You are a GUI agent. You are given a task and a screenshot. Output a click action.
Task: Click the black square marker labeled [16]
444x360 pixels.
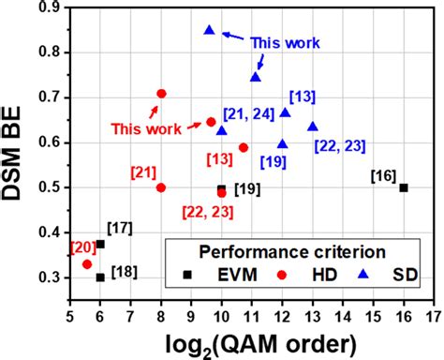(x=404, y=187)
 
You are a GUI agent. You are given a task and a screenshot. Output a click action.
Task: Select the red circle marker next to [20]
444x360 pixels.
(x=87, y=264)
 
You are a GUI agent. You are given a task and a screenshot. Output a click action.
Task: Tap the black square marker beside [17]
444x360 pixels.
(x=100, y=244)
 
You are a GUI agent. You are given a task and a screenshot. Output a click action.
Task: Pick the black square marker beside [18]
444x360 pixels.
(x=100, y=277)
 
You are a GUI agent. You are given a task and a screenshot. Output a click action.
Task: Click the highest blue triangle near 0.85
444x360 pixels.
(x=209, y=30)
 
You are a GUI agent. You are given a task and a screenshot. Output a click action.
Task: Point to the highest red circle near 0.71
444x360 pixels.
(x=161, y=94)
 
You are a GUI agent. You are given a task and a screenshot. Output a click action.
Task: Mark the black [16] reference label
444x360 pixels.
(x=382, y=175)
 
